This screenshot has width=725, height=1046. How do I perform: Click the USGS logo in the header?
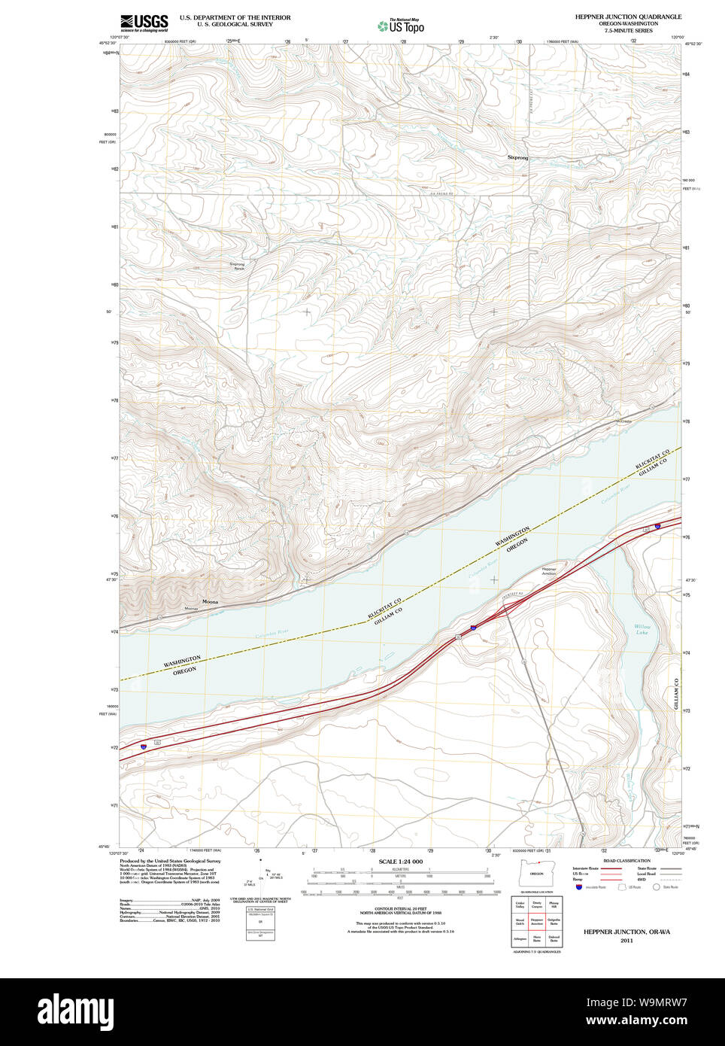(x=144, y=23)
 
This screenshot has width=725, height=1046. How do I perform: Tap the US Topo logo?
(x=401, y=26)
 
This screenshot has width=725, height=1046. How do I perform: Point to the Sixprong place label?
(x=517, y=158)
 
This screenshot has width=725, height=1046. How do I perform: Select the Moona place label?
(x=210, y=602)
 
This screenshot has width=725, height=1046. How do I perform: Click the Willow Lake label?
(x=642, y=629)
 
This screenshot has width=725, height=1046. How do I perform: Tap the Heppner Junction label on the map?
(x=549, y=571)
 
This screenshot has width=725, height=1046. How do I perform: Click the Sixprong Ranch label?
(x=237, y=266)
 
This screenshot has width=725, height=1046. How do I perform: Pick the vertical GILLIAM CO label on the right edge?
(x=676, y=694)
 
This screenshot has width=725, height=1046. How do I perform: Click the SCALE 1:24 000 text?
(x=400, y=862)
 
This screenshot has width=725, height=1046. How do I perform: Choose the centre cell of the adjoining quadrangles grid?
(x=537, y=920)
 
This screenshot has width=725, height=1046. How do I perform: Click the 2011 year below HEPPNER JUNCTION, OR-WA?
(x=626, y=941)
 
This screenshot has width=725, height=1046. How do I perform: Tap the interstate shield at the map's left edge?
(x=143, y=747)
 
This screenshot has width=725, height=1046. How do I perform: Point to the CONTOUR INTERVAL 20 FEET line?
(x=400, y=908)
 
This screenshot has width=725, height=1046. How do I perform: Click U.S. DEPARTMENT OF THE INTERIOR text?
(x=235, y=17)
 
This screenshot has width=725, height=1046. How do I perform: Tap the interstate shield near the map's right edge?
(x=657, y=526)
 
